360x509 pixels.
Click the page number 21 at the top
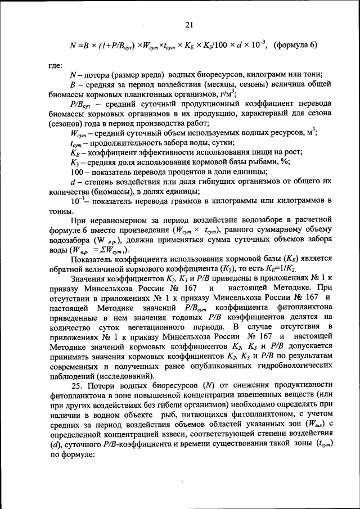click(x=189, y=24)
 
